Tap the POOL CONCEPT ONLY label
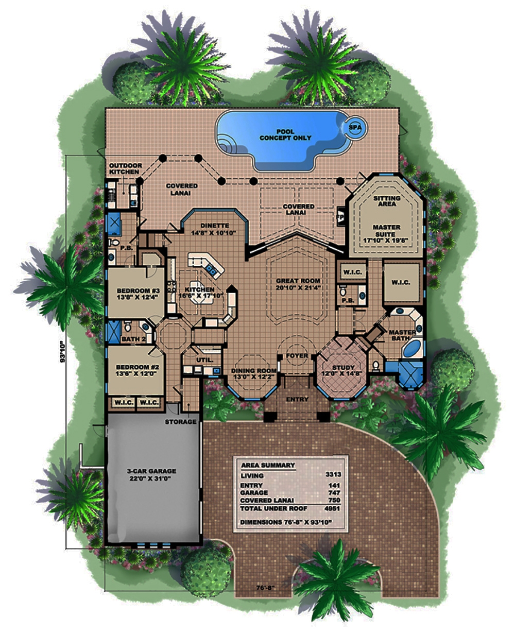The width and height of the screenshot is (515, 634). click(x=285, y=135)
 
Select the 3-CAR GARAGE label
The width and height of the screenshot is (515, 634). click(x=152, y=474)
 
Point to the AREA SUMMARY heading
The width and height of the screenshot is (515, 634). click(x=267, y=465)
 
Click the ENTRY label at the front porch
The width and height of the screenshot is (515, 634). click(x=297, y=400)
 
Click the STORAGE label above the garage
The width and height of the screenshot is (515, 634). click(x=180, y=422)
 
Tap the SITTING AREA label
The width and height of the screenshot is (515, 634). click(x=385, y=201)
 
